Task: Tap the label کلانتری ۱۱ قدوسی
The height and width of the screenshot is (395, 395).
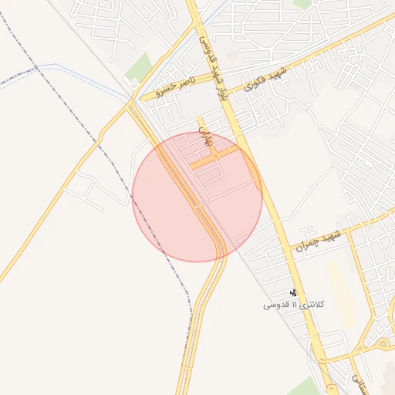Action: [x=293, y=305]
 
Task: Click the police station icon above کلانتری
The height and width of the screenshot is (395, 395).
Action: [x=294, y=292]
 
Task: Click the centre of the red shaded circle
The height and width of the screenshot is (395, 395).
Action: [x=197, y=197]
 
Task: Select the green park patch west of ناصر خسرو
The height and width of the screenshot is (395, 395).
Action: [x=139, y=67]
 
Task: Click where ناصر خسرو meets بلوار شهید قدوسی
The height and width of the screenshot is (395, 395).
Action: [x=222, y=74]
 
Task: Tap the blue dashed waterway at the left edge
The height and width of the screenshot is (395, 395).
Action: [x=23, y=75]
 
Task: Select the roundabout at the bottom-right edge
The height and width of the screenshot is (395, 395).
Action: [x=383, y=343]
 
